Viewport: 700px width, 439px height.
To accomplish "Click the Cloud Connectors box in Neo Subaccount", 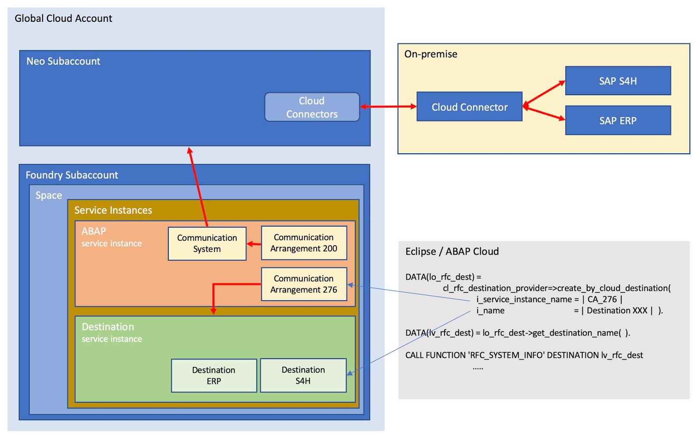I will pyautogui.click(x=312, y=107).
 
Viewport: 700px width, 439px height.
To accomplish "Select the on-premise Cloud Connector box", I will pyautogui.click(x=469, y=107).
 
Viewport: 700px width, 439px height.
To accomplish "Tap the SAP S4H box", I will pyautogui.click(x=618, y=81).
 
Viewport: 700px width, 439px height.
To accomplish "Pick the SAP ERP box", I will pyautogui.click(x=618, y=121).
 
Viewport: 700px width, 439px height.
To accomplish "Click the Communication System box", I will pyautogui.click(x=207, y=243).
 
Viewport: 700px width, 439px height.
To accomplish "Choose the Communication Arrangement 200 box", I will pyautogui.click(x=304, y=243).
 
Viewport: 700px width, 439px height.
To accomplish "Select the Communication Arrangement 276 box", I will pyautogui.click(x=304, y=284).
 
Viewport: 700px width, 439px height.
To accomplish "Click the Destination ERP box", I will pyautogui.click(x=213, y=375).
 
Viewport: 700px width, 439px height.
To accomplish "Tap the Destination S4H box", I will pyautogui.click(x=303, y=375).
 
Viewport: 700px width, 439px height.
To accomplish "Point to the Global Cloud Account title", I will pyautogui.click(x=63, y=18).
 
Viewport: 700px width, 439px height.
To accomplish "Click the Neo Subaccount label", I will pyautogui.click(x=63, y=61).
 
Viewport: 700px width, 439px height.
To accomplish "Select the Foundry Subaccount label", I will pyautogui.click(x=72, y=175).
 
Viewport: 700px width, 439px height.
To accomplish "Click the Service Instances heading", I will pyautogui.click(x=113, y=210).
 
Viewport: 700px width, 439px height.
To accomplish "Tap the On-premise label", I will pyautogui.click(x=430, y=54).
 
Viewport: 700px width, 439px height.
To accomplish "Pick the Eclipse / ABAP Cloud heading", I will pyautogui.click(x=452, y=251).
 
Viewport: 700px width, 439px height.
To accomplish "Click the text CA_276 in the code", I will pyautogui.click(x=602, y=299).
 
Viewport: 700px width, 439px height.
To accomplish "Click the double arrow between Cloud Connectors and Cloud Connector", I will pyautogui.click(x=388, y=107).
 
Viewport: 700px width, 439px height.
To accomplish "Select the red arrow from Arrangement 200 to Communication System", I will pyautogui.click(x=254, y=244).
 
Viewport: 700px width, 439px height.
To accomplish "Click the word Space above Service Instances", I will pyautogui.click(x=49, y=195).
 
